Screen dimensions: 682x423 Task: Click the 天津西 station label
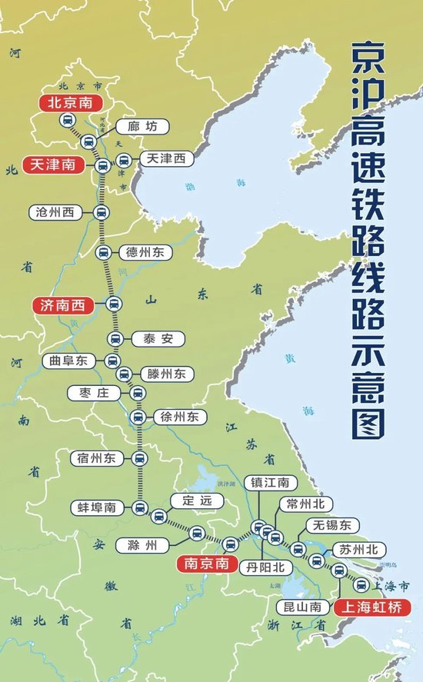click(166, 159)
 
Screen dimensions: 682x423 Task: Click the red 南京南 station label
click(204, 564)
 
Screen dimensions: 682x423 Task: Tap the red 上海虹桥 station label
click(372, 606)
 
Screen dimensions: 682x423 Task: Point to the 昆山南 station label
click(301, 606)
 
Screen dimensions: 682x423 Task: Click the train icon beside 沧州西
click(100, 212)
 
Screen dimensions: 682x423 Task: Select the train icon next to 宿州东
click(139, 458)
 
